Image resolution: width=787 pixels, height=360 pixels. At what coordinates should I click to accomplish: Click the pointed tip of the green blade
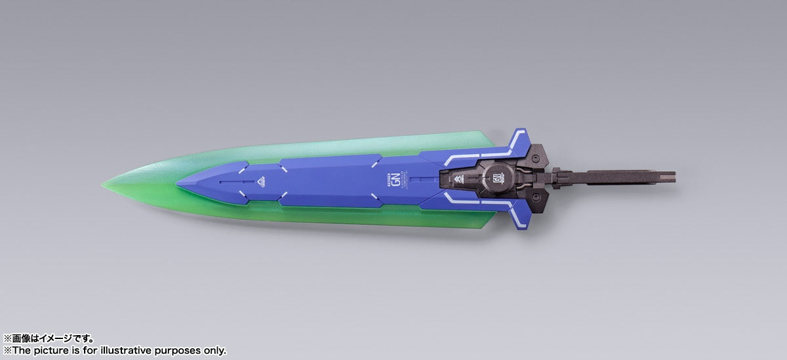103,184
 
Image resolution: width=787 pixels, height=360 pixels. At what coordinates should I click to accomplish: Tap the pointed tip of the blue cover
177,184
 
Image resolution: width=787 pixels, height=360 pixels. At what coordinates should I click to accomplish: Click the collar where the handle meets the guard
557,176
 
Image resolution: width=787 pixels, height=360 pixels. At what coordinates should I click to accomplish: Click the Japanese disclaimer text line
49,339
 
